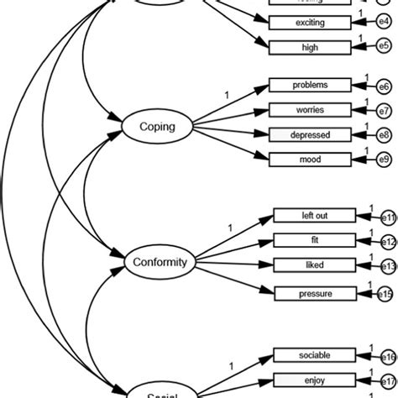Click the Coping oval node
coord(158,127)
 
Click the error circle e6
coord(383,86)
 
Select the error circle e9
coord(383,159)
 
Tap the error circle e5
coord(383,48)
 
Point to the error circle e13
coord(387,265)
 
